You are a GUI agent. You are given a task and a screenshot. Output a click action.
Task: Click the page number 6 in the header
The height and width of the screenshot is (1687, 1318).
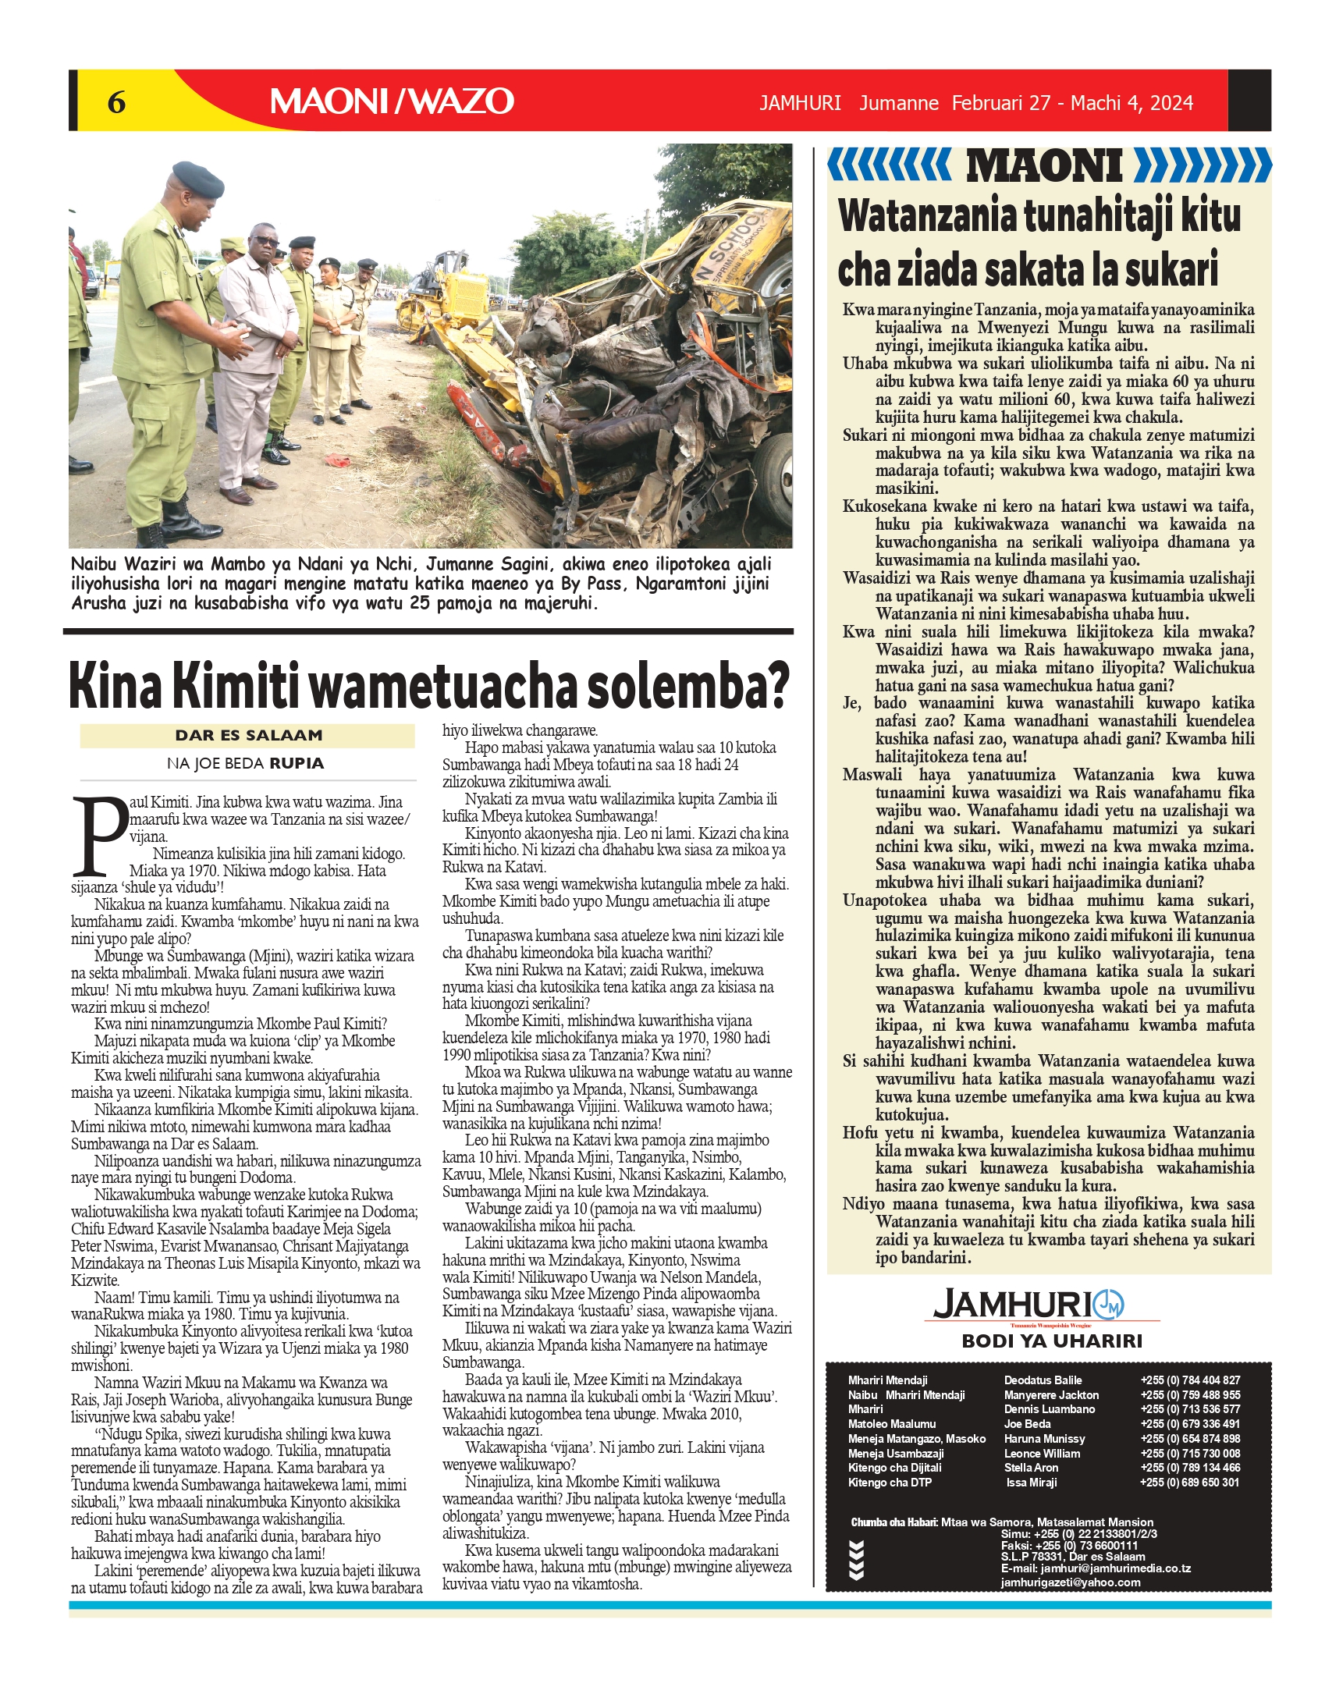coord(116,101)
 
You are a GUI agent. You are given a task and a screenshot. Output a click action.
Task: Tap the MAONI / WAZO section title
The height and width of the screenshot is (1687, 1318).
coord(392,101)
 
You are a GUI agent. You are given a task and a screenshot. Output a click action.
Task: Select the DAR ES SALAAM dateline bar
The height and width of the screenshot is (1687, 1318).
coord(248,735)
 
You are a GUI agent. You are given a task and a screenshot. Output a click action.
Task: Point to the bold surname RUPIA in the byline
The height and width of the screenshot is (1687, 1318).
coord(296,763)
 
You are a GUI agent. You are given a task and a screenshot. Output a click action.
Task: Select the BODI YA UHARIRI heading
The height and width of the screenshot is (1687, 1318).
coord(1051,1341)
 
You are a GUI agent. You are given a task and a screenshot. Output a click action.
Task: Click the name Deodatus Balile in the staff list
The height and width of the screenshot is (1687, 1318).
coord(1043,1380)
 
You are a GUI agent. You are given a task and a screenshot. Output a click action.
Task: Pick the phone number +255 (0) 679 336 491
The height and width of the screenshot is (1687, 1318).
coord(1190,1424)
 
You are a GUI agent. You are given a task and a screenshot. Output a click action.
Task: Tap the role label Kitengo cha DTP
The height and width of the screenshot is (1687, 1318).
coord(890,1483)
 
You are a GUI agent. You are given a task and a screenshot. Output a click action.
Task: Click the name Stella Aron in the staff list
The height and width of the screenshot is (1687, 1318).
coord(1031,1468)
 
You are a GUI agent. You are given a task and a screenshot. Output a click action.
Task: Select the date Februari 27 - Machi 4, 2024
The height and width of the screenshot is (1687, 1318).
coord(1072,103)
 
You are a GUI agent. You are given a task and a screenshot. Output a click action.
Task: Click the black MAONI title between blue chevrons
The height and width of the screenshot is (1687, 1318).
coord(1044,166)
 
